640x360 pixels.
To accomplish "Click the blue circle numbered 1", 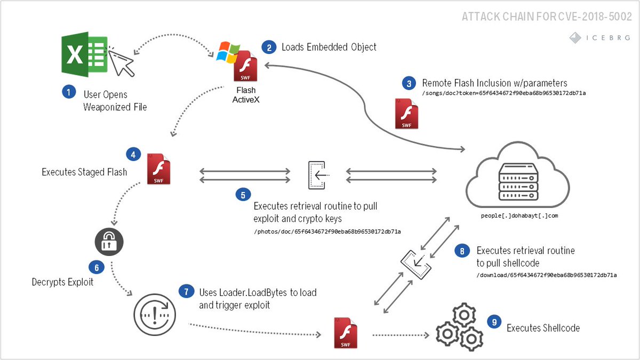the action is coord(69,92).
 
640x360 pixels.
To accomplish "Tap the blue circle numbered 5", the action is coord(243,195).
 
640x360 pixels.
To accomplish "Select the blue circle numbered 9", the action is coord(494,322).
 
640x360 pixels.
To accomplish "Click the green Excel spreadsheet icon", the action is coord(85,54).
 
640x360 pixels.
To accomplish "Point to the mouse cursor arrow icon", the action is coord(121,62).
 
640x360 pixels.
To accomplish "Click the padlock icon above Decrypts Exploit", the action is coord(109,242).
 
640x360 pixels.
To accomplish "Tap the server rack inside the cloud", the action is coord(518,182).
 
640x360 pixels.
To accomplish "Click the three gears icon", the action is coord(459,327).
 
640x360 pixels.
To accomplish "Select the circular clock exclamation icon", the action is coord(155,315).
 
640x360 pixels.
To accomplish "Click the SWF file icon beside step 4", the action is coord(158,169).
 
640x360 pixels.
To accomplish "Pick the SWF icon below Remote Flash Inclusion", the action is coord(406,114).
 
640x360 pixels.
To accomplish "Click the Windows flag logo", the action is coord(228,52).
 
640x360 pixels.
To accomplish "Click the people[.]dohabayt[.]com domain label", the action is coord(519,215).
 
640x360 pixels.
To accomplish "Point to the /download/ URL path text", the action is coord(546,275).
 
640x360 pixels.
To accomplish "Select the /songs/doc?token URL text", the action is coord(504,93).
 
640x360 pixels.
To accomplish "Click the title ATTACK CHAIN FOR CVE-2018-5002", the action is coord(547,17).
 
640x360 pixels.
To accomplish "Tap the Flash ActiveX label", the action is coord(246,95).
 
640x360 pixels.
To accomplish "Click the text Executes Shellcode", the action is coord(543,328).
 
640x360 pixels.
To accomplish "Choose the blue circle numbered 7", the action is coord(186,292).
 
